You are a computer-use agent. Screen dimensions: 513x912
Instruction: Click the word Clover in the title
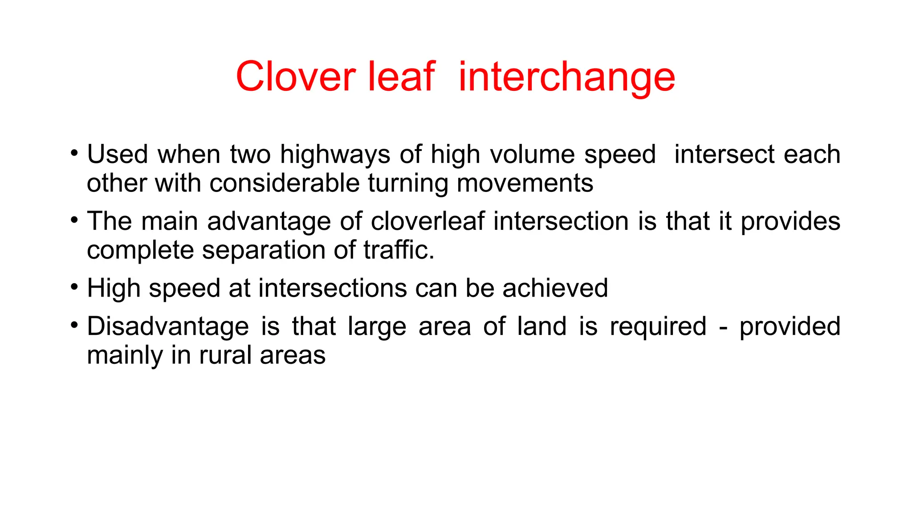pos(296,77)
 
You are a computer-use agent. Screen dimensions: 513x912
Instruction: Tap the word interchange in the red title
pos(566,77)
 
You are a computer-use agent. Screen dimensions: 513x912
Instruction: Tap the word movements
pos(525,183)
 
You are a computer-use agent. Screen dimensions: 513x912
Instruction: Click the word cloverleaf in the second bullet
pos(427,221)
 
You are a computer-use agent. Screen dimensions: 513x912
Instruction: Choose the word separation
pos(264,251)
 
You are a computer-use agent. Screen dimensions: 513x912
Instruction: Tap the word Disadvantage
pos(168,326)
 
